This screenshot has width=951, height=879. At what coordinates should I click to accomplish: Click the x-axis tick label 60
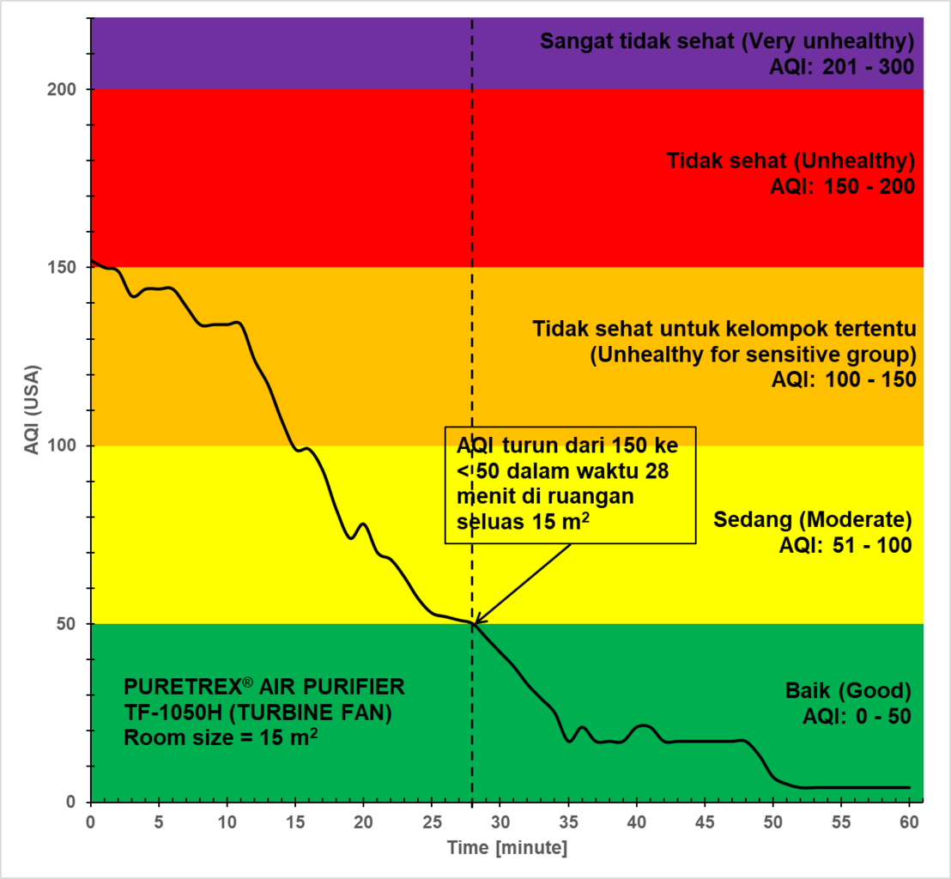coord(910,821)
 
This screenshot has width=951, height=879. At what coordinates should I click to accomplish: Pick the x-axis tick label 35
coord(568,821)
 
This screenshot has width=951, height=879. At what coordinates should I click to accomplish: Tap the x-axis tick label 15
coord(295,821)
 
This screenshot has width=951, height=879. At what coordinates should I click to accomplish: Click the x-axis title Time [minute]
coord(506,847)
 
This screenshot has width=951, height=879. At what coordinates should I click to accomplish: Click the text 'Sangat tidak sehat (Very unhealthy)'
coord(726,42)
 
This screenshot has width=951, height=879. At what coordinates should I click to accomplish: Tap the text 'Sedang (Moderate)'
coord(812,520)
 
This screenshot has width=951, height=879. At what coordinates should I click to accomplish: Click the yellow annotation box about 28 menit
coord(569,484)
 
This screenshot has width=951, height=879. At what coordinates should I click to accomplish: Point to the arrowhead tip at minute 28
coord(474,623)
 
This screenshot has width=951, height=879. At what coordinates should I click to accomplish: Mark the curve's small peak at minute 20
coord(363,524)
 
